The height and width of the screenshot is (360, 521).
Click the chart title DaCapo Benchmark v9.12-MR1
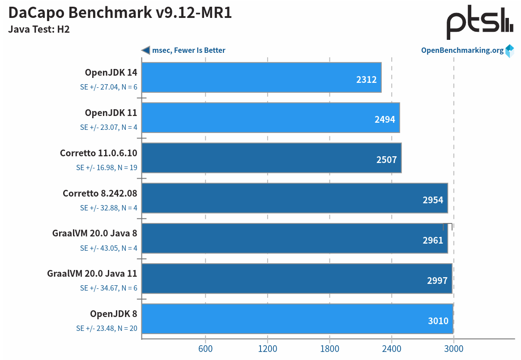(120, 13)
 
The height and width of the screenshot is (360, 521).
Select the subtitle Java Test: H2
(39, 30)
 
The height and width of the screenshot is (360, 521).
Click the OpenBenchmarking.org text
(462, 50)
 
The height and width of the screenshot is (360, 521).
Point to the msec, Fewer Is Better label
(188, 50)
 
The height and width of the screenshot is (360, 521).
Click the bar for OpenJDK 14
(261, 77)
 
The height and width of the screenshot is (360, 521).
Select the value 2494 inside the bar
(385, 119)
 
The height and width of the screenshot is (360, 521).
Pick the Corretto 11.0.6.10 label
(98, 153)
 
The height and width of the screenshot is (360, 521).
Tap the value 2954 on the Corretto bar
(433, 200)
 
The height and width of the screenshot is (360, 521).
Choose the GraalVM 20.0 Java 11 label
(92, 273)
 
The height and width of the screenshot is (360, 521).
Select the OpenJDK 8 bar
(298, 319)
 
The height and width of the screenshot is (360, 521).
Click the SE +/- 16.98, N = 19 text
(107, 167)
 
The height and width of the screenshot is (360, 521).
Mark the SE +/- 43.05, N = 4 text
(108, 248)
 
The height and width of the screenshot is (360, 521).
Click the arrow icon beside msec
(145, 50)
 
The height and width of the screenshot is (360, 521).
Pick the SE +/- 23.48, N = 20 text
(107, 328)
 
